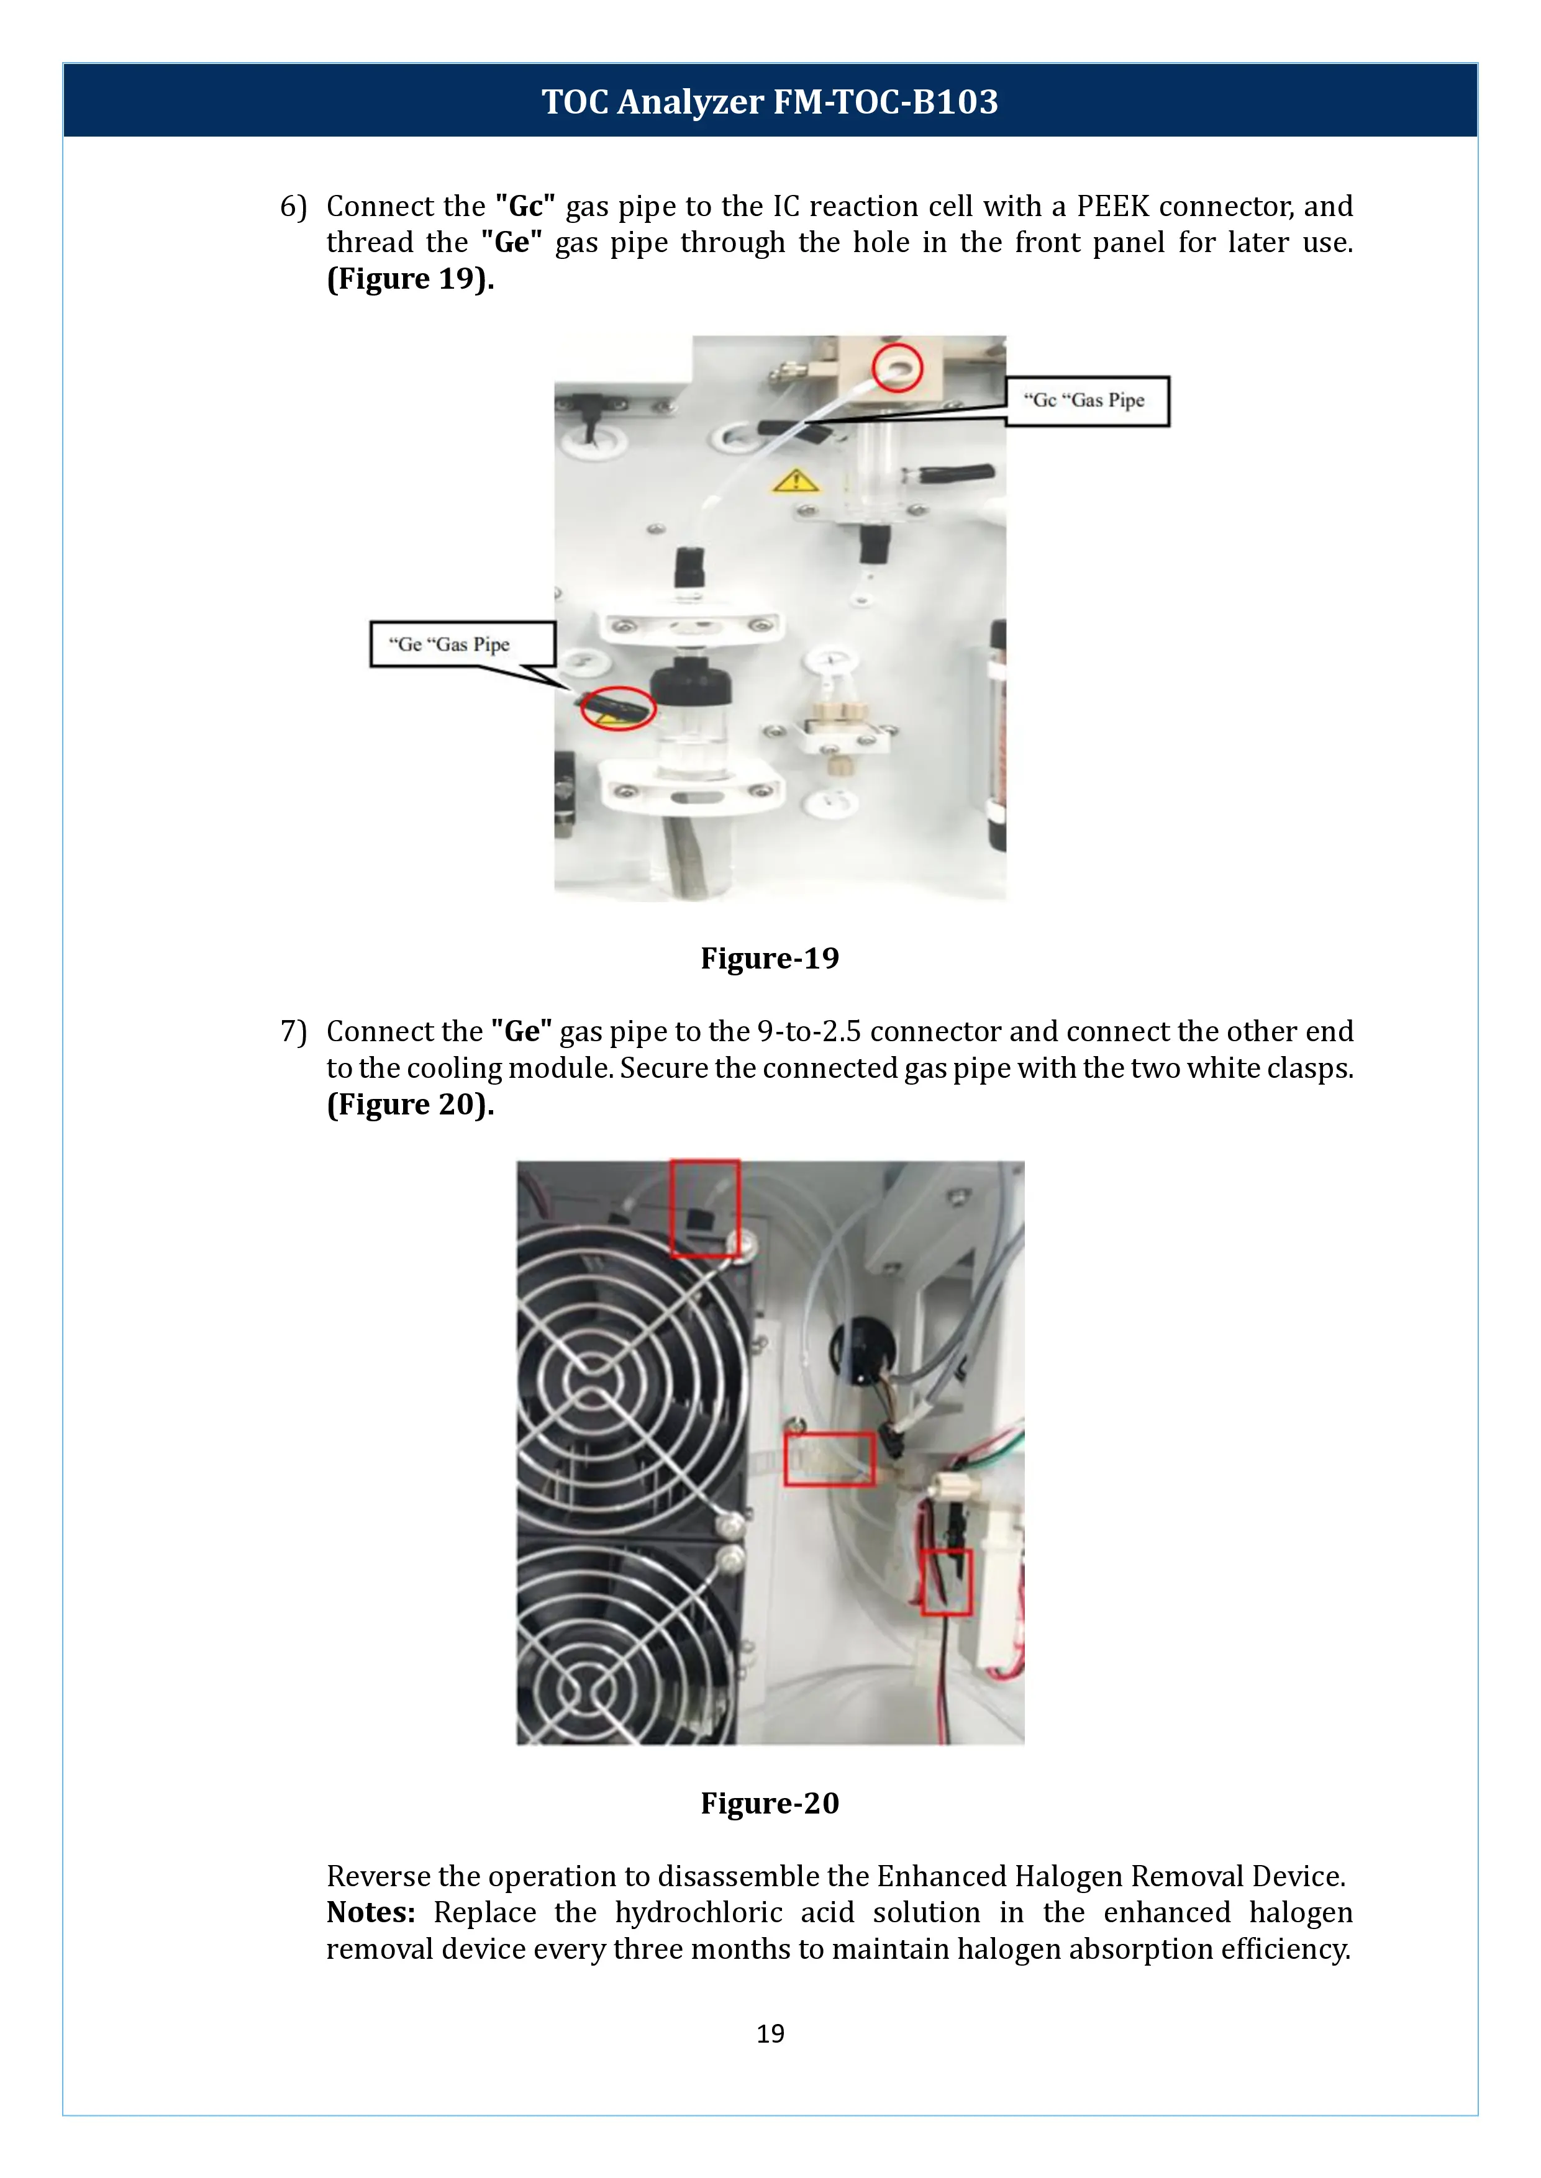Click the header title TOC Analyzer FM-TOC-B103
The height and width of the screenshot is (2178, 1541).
click(x=770, y=101)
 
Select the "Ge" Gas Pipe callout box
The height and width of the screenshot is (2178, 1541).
click(x=462, y=644)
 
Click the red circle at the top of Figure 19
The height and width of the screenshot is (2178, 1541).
click(x=897, y=367)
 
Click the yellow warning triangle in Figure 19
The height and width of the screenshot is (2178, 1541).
click(x=794, y=481)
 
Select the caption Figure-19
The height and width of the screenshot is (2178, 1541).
click(x=770, y=958)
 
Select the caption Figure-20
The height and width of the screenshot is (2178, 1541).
click(x=770, y=1802)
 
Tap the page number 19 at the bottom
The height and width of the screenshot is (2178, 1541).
click(x=770, y=2033)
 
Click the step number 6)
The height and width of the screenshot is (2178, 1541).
click(x=293, y=206)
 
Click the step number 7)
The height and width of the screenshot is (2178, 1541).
click(x=293, y=1031)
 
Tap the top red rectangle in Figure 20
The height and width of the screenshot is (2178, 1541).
click(x=705, y=1208)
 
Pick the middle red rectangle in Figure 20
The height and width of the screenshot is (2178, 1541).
click(x=829, y=1459)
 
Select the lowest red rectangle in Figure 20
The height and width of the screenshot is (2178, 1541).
click(x=946, y=1581)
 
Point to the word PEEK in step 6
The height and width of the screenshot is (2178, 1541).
click(x=1112, y=206)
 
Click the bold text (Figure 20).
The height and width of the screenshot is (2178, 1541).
click(x=410, y=1104)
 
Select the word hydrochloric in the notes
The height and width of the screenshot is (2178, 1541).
click(x=698, y=1912)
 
